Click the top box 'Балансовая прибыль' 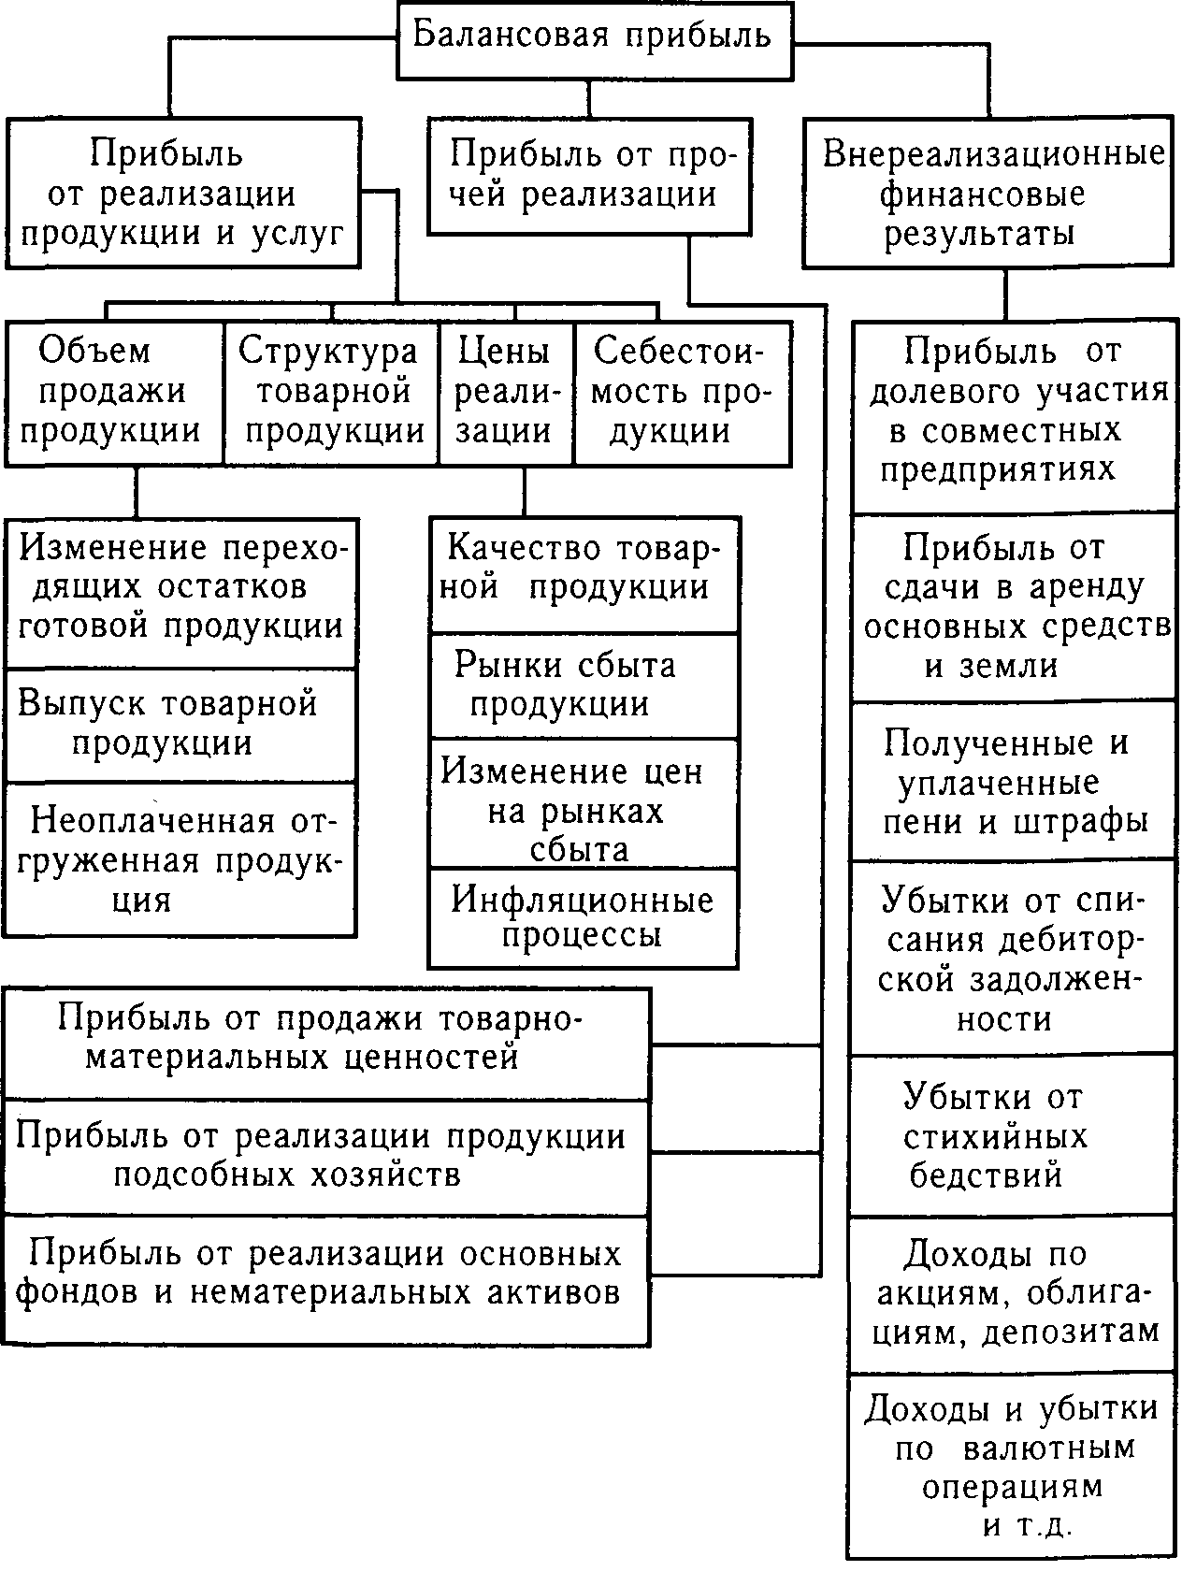pyautogui.click(x=595, y=37)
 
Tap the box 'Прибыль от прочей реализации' pyautogui.click(x=589, y=175)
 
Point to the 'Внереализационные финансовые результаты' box pyautogui.click(x=987, y=193)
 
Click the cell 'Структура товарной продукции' pyautogui.click(x=330, y=393)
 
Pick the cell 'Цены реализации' pyautogui.click(x=505, y=393)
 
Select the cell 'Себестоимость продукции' pyautogui.click(x=682, y=393)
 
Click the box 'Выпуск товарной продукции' pyautogui.click(x=181, y=724)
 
